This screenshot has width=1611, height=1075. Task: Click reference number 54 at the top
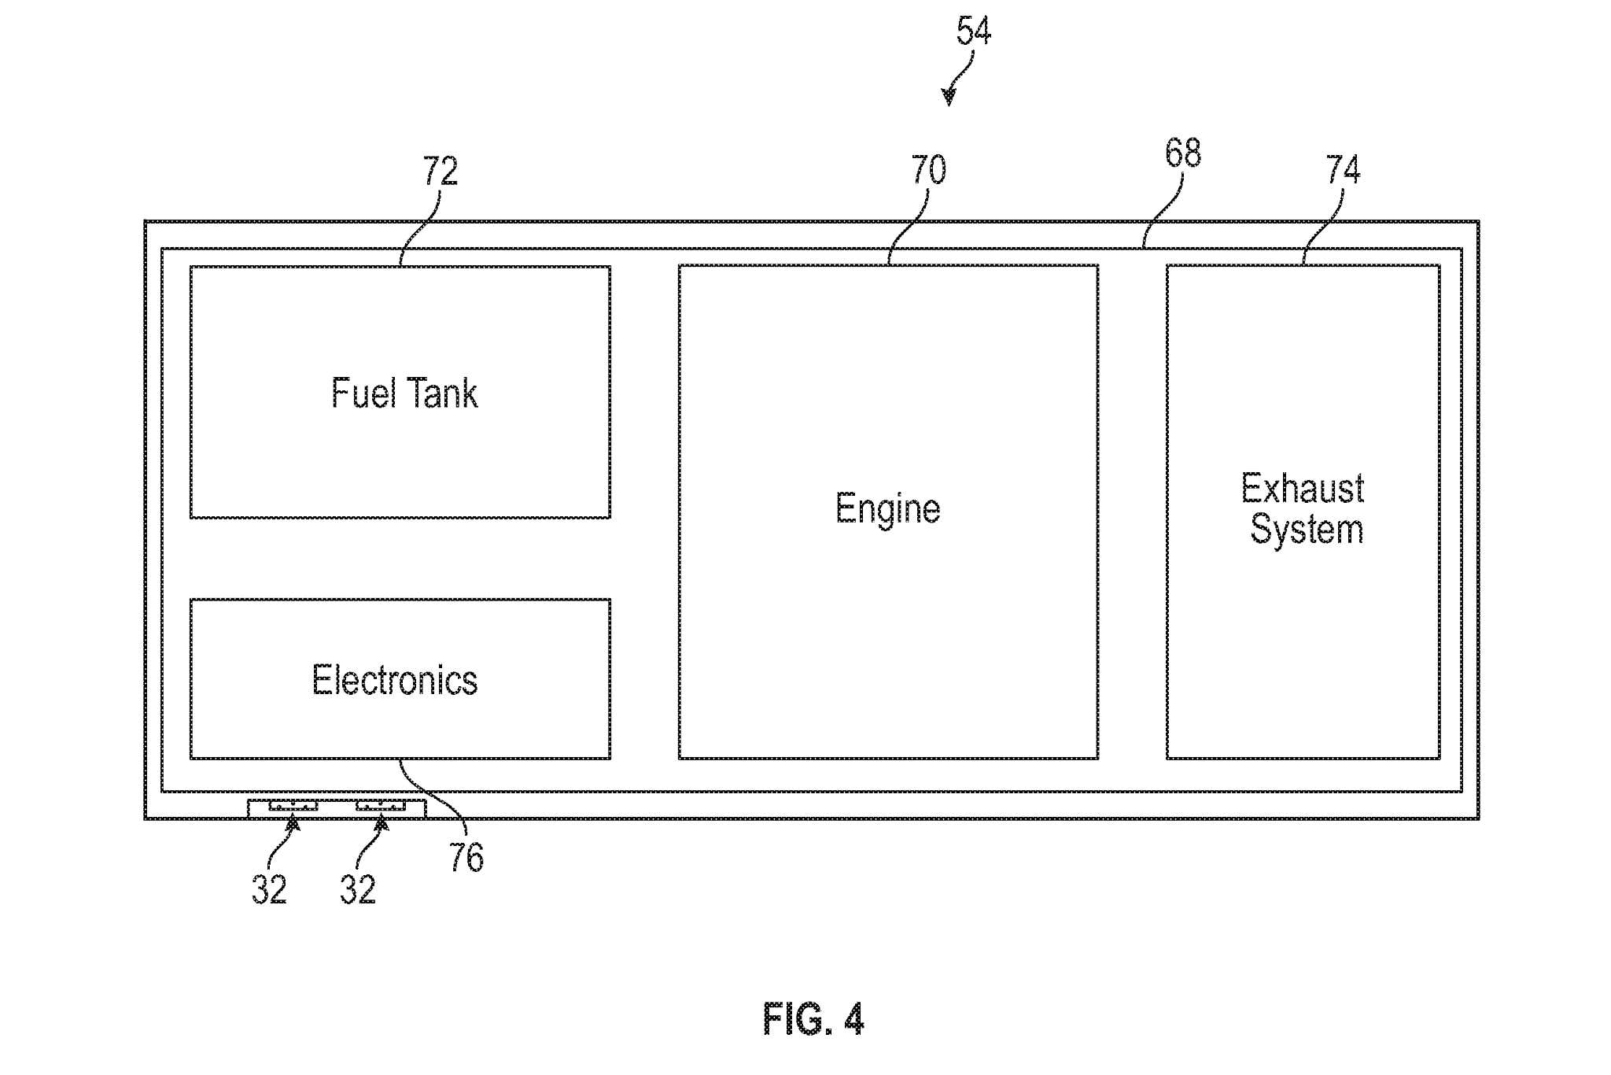tap(973, 31)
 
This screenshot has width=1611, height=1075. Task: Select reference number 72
tap(440, 171)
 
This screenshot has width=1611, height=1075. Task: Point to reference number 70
tap(928, 170)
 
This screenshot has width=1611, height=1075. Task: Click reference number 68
tap(1182, 153)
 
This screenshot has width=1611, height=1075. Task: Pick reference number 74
tap(1343, 170)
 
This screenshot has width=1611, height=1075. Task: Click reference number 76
tap(466, 857)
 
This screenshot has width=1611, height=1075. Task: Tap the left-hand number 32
tap(269, 890)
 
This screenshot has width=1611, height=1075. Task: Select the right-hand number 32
tap(358, 890)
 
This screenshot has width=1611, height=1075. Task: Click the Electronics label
tap(394, 681)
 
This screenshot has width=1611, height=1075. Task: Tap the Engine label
tap(887, 509)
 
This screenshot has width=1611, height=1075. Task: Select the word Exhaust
tap(1302, 489)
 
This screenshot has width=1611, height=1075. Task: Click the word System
tap(1307, 530)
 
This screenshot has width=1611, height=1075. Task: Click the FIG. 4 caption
tap(813, 1020)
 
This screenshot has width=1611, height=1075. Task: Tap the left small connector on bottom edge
tap(293, 805)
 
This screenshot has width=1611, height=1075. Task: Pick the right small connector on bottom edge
tap(380, 805)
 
